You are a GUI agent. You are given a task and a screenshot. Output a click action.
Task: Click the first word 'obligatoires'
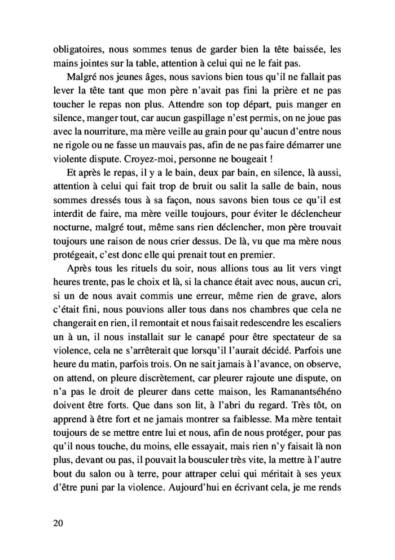click(74, 49)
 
